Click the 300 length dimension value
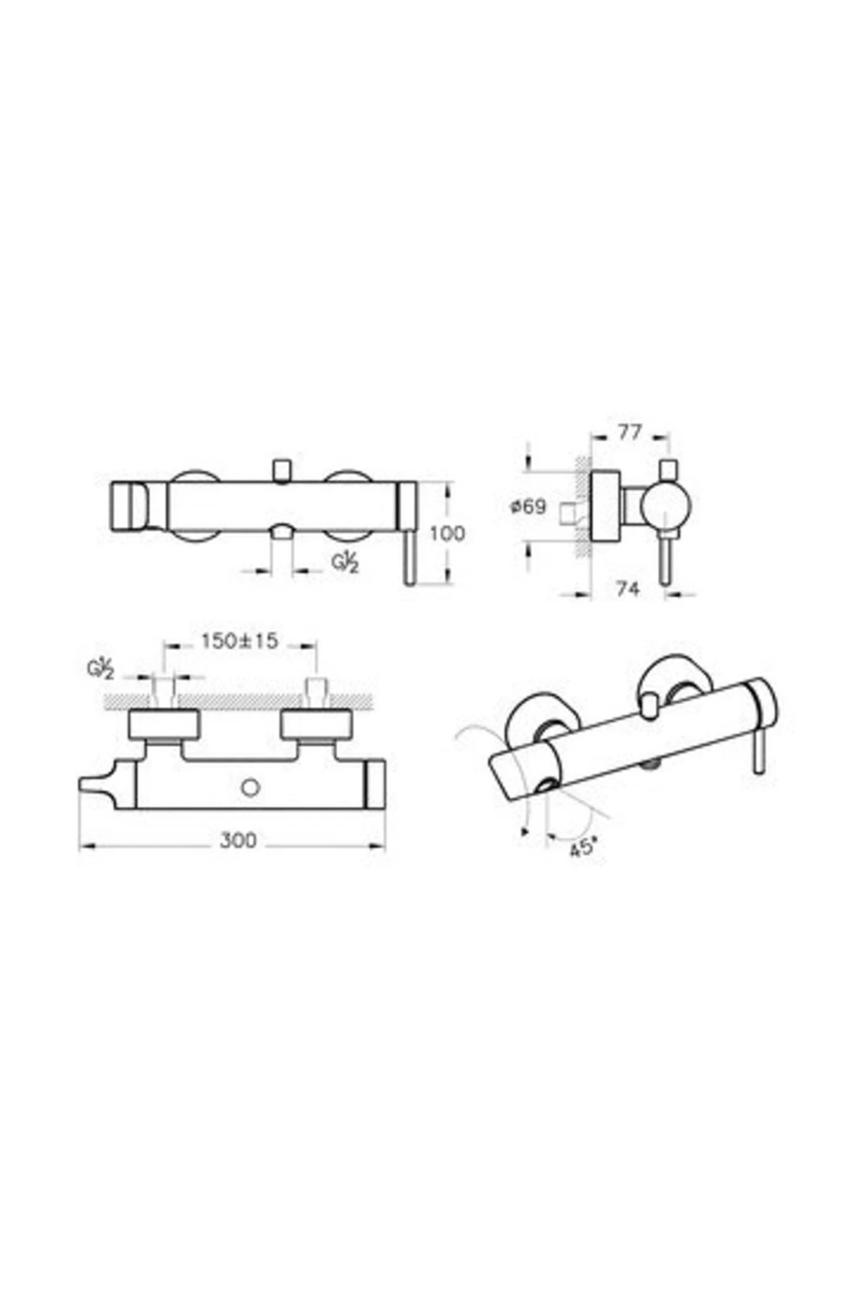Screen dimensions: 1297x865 238,840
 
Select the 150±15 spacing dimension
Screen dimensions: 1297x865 240,641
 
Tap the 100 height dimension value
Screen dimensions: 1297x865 447,534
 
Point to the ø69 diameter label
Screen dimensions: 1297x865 528,507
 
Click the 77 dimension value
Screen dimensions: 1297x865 629,433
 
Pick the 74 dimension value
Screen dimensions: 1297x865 628,589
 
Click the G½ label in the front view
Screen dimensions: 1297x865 345,562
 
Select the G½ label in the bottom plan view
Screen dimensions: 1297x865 100,669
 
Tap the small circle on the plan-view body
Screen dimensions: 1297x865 250,788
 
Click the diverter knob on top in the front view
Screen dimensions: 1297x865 282,470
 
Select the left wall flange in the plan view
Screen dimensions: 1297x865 164,724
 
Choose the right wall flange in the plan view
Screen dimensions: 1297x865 317,724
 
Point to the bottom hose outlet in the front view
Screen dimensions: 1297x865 281,532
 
